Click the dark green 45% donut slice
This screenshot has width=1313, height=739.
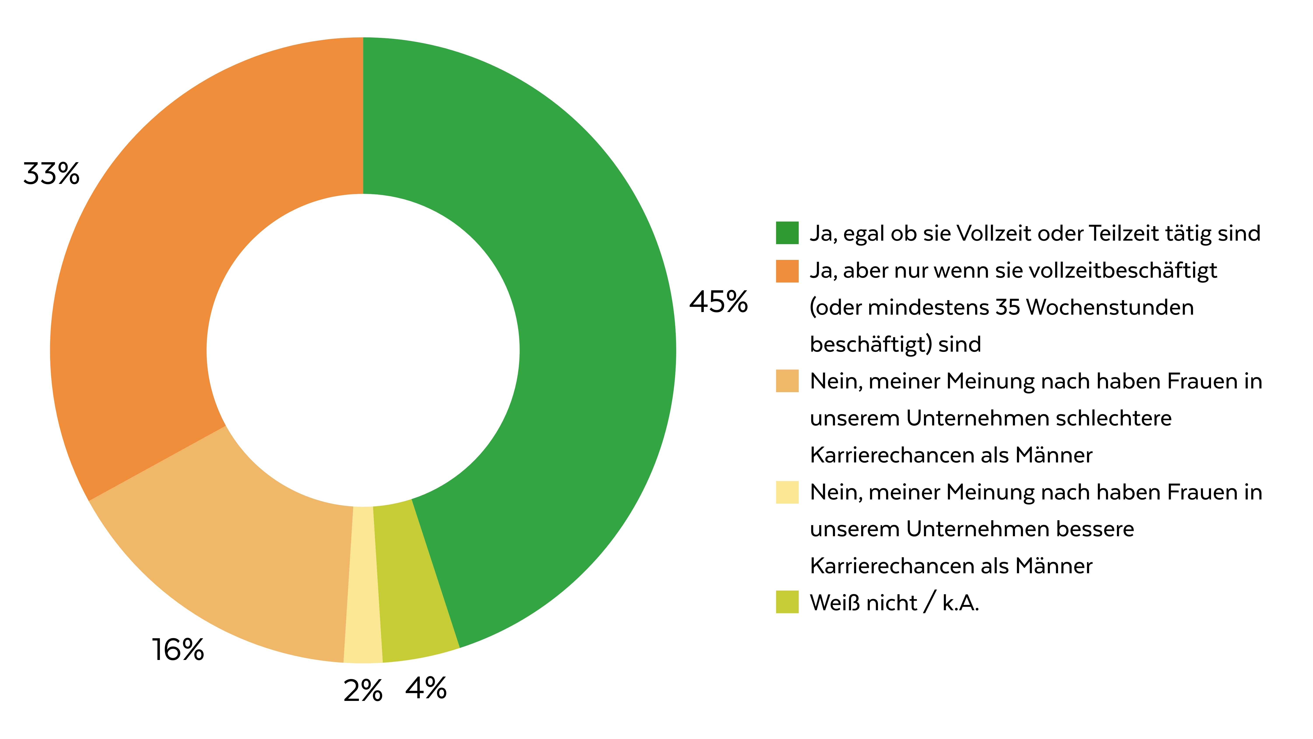pos(586,306)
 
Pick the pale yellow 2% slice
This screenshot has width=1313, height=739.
pos(363,587)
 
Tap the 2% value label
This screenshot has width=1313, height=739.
pos(363,691)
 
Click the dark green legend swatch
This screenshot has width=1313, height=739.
pos(787,233)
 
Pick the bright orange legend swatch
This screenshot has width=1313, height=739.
pos(787,271)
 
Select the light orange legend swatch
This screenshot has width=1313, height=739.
pos(787,381)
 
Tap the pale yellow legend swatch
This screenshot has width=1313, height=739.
pos(787,492)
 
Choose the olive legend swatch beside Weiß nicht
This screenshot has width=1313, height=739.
pos(787,602)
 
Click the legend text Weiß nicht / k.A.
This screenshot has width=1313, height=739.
pos(895,603)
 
